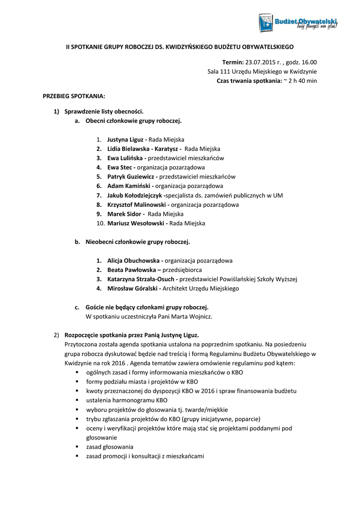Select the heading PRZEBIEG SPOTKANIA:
tap(74, 95)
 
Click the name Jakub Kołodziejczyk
tap(135, 195)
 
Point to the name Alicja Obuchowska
tap(134, 260)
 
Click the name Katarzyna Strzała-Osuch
tap(142, 279)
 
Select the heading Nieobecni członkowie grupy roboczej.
tap(138, 242)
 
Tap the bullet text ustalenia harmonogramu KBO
tap(127, 400)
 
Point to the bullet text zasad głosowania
tap(110, 446)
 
